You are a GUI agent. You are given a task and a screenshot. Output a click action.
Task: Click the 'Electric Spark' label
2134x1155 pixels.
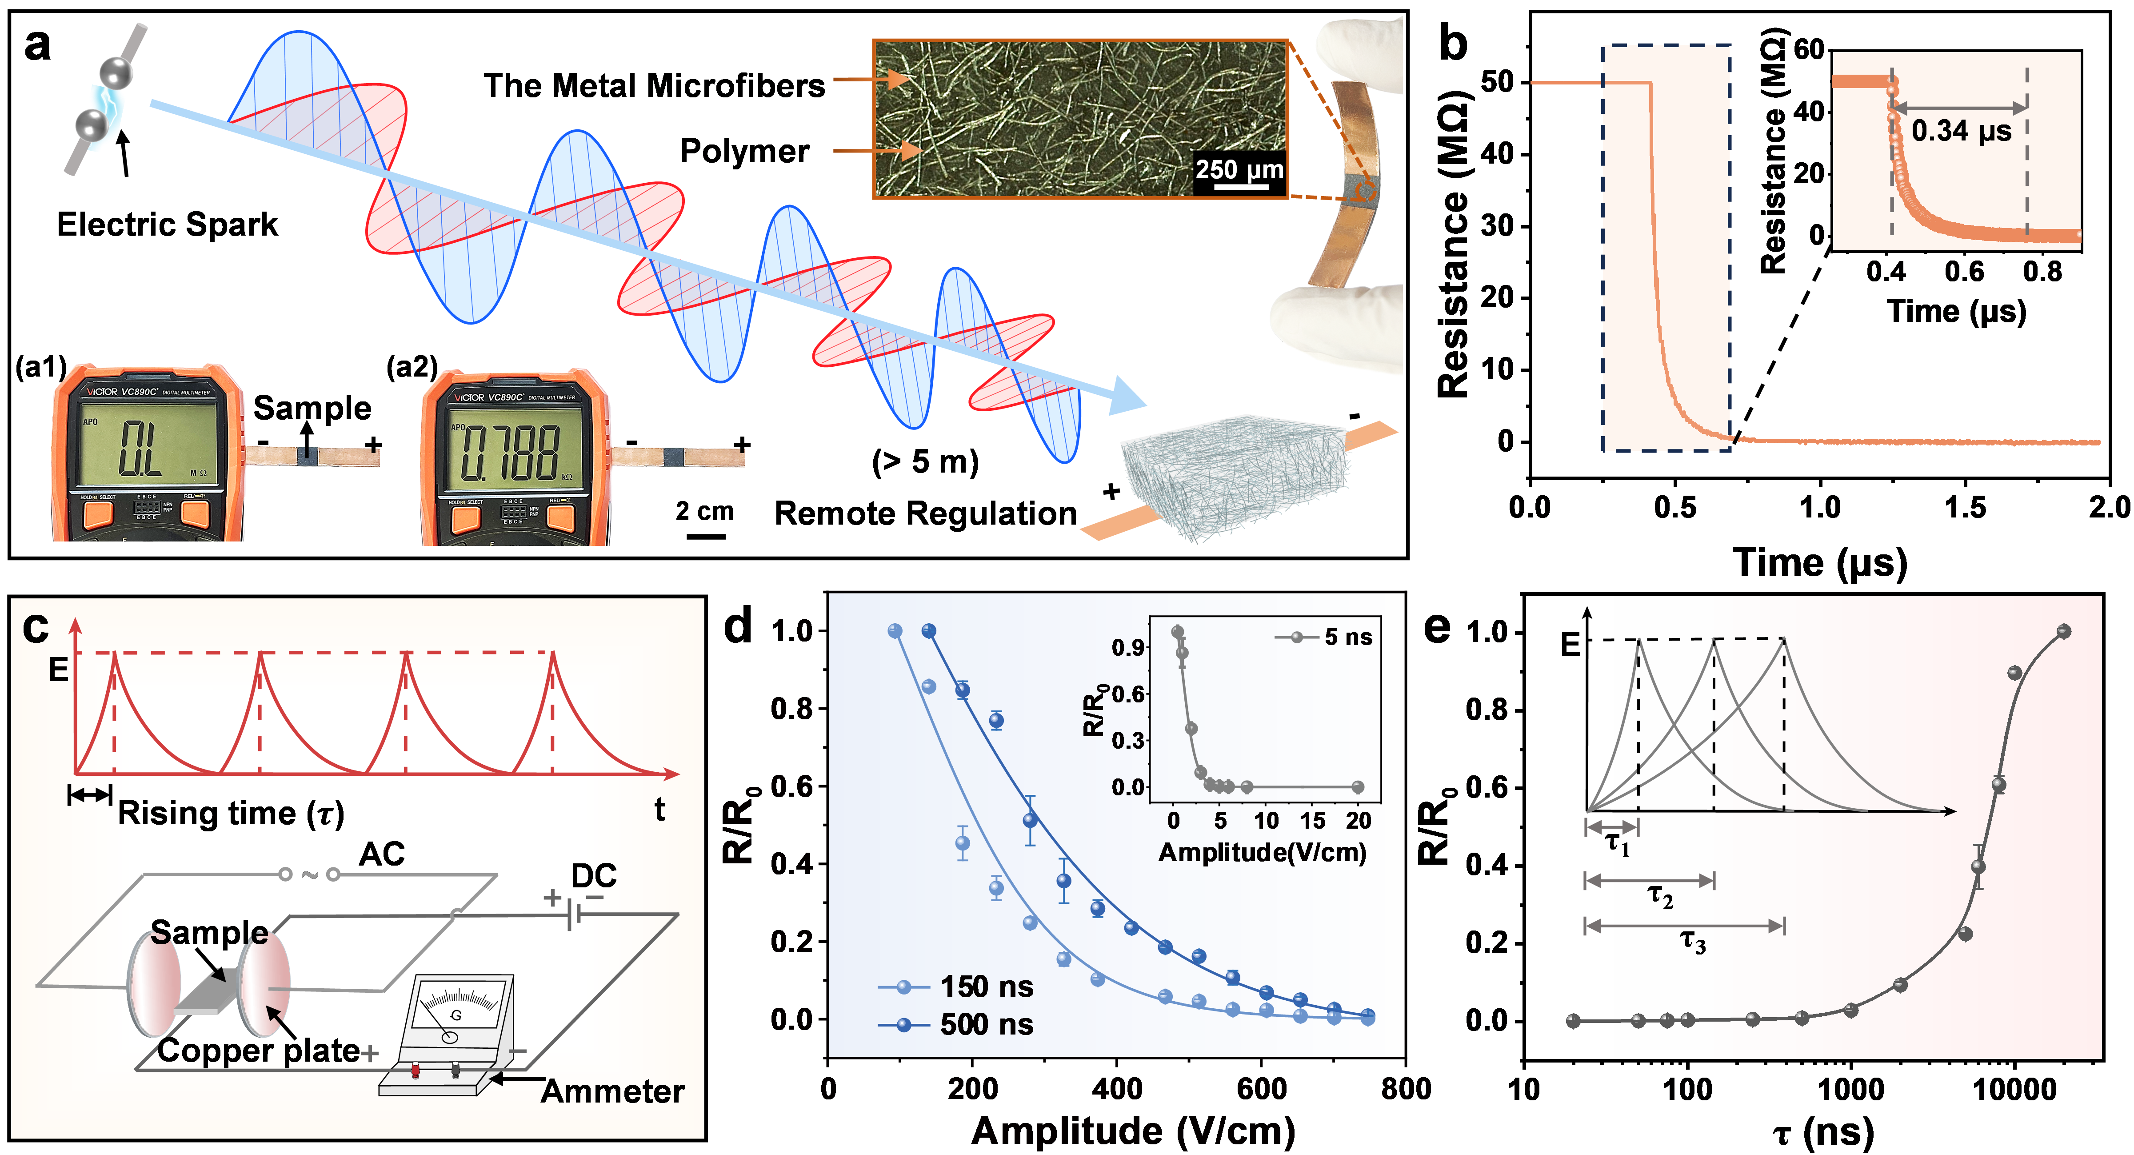pos(168,225)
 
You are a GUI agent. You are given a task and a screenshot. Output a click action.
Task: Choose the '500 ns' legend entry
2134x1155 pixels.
pos(986,1025)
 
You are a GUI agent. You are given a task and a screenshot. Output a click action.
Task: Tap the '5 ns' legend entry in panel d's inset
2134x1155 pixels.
pos(1347,637)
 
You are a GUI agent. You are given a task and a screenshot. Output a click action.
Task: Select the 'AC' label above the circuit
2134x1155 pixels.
pos(382,854)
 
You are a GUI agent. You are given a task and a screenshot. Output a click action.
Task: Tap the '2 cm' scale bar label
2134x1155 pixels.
pos(704,511)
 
